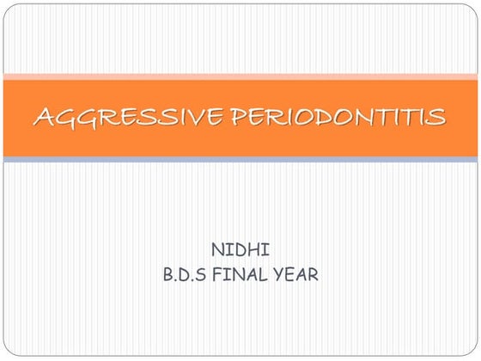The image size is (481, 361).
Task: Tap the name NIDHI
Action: (240, 250)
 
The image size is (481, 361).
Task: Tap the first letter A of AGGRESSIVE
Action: (43, 117)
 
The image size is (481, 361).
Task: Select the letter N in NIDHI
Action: (218, 250)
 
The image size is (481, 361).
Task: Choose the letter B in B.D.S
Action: (167, 276)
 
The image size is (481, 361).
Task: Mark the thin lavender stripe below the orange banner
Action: (240, 160)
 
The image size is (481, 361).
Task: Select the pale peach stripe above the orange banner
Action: (240, 76)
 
